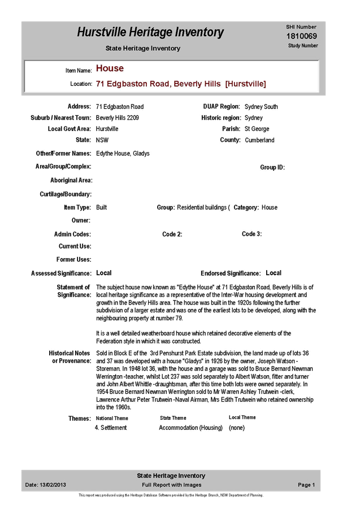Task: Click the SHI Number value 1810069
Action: tap(302, 36)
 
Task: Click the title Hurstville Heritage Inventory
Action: tap(150, 32)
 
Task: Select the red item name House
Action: tap(110, 68)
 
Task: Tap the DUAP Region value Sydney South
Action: tap(261, 107)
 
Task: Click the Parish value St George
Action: tap(257, 129)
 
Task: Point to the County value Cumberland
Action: tap(259, 140)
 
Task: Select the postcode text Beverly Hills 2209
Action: tap(117, 118)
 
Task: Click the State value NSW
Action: tap(102, 140)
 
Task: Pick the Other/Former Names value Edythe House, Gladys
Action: tap(123, 154)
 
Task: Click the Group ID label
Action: tap(272, 167)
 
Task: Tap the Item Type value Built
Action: tap(102, 207)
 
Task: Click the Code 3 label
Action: tap(251, 234)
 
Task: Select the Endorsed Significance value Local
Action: tap(274, 273)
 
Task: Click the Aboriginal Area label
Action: tap(71, 180)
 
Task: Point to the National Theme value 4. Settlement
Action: tap(111, 428)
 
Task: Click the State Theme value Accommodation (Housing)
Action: tap(191, 428)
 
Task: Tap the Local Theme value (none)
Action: tap(237, 428)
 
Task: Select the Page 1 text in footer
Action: tap(306, 485)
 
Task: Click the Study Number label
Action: tap(303, 46)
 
